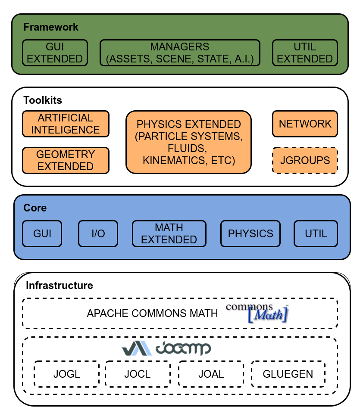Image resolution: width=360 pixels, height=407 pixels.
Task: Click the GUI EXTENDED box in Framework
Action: [x=55, y=53]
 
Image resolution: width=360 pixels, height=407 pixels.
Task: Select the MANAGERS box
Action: [x=180, y=53]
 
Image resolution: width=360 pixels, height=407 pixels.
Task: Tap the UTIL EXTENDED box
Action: [x=305, y=53]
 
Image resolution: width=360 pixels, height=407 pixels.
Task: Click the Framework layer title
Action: [x=51, y=27]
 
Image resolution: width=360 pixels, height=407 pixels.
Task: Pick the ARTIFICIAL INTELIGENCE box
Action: [x=66, y=124]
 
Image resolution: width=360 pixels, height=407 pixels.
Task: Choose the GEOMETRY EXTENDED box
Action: [x=66, y=160]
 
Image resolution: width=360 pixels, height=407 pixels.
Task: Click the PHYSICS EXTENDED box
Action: [x=188, y=142]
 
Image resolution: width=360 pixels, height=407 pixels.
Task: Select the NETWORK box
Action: [x=305, y=124]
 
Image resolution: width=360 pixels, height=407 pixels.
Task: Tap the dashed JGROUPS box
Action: [x=305, y=161]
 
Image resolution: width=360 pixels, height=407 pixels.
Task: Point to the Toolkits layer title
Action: [x=43, y=100]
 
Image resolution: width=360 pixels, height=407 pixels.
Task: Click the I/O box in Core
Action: [x=98, y=234]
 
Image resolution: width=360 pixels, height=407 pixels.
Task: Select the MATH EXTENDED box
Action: [x=169, y=234]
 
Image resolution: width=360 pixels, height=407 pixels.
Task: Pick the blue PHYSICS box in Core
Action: [x=250, y=234]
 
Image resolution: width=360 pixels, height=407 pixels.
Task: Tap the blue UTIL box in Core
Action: [x=316, y=234]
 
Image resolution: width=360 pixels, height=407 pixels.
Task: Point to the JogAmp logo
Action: [x=166, y=348]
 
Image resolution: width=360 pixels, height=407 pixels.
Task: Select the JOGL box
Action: [x=67, y=374]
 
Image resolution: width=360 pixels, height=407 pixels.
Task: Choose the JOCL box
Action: [x=138, y=374]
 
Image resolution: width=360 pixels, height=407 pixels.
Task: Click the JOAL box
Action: [x=211, y=374]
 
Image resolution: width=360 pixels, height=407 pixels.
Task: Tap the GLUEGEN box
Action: [x=288, y=374]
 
